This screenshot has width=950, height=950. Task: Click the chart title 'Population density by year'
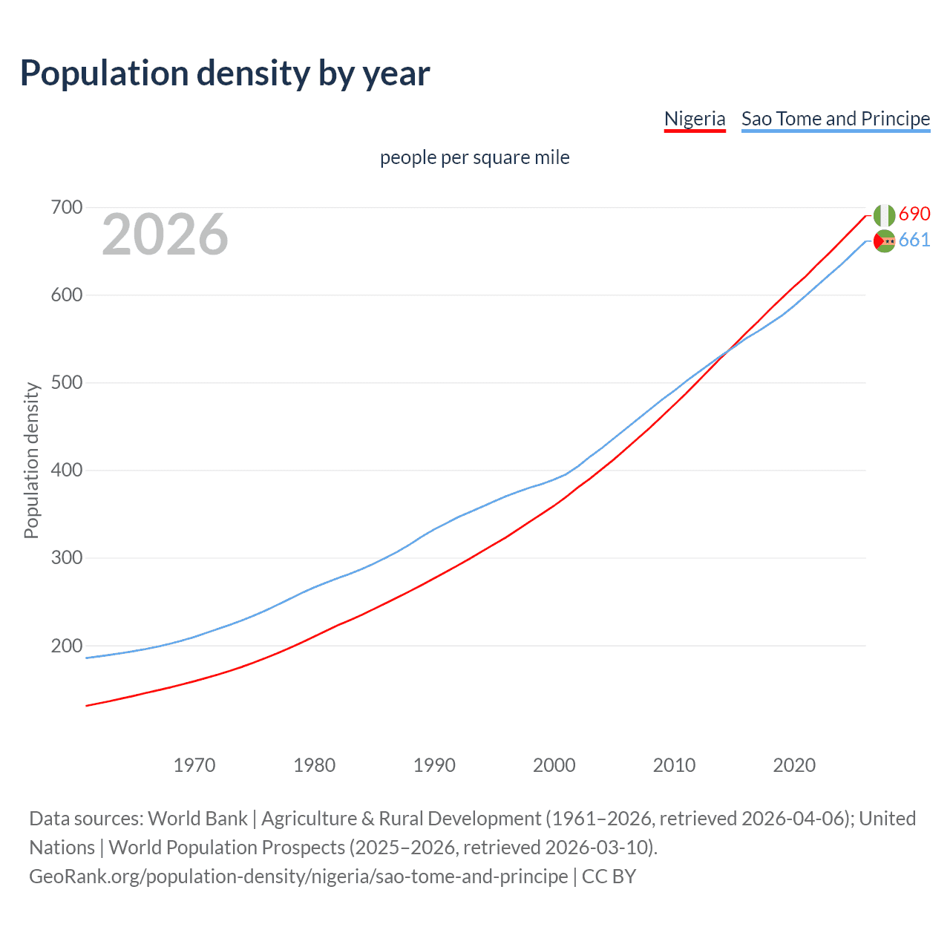pos(225,73)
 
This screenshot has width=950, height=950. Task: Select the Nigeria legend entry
pos(694,119)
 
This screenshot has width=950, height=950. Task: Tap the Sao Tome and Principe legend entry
pos(835,119)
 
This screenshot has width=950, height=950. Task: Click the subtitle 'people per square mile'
pos(474,157)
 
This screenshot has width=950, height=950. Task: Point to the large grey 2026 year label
pos(165,235)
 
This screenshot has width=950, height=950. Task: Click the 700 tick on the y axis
pos(66,207)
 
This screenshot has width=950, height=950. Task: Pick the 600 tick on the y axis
pos(66,295)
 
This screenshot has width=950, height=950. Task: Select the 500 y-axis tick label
pos(66,383)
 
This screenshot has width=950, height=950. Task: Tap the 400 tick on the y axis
pos(66,471)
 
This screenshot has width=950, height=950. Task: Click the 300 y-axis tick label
pos(66,558)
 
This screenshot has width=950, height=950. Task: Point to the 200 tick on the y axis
pos(66,646)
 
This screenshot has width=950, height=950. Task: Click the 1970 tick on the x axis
pos(194,765)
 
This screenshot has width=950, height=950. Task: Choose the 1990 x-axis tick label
pos(434,765)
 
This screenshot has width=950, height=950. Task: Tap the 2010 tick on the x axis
pos(674,765)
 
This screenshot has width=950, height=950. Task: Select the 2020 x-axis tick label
pos(794,765)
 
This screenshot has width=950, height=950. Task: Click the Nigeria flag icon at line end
pos(884,215)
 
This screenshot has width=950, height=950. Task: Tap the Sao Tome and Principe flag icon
pos(884,241)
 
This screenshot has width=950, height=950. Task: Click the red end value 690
pos(914,214)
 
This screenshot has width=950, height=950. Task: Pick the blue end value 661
pos(914,240)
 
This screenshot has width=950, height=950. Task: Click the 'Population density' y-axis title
pos(31,460)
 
